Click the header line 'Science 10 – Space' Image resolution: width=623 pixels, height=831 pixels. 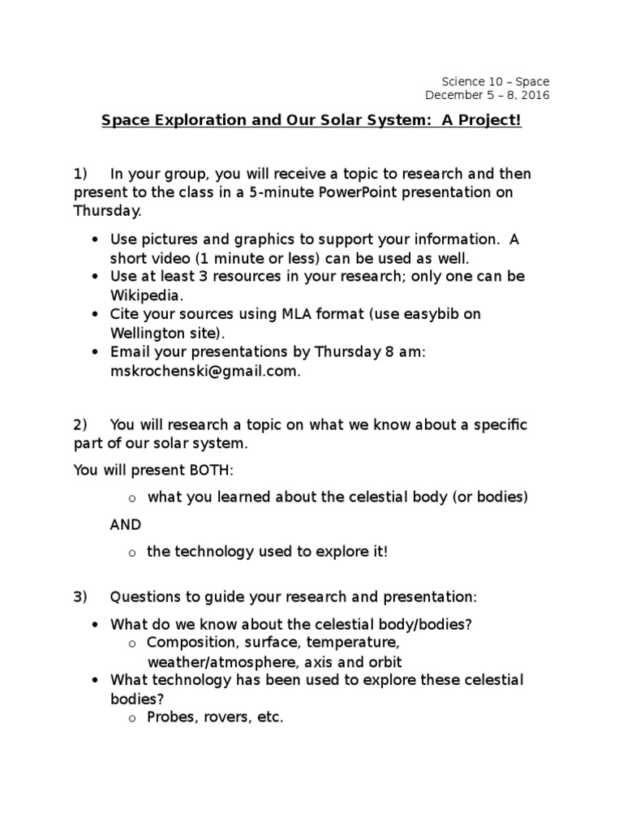coord(495,81)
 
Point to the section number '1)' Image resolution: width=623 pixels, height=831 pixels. coord(79,174)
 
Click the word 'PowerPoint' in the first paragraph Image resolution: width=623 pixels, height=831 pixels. coord(358,193)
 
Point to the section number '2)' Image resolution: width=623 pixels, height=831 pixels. coord(79,424)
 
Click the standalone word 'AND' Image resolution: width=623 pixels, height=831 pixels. coord(126,524)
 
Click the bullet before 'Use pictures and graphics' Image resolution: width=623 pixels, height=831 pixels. coord(96,239)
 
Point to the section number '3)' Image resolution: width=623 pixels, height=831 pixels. coord(79,597)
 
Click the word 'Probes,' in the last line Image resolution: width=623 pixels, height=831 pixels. coord(172,717)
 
